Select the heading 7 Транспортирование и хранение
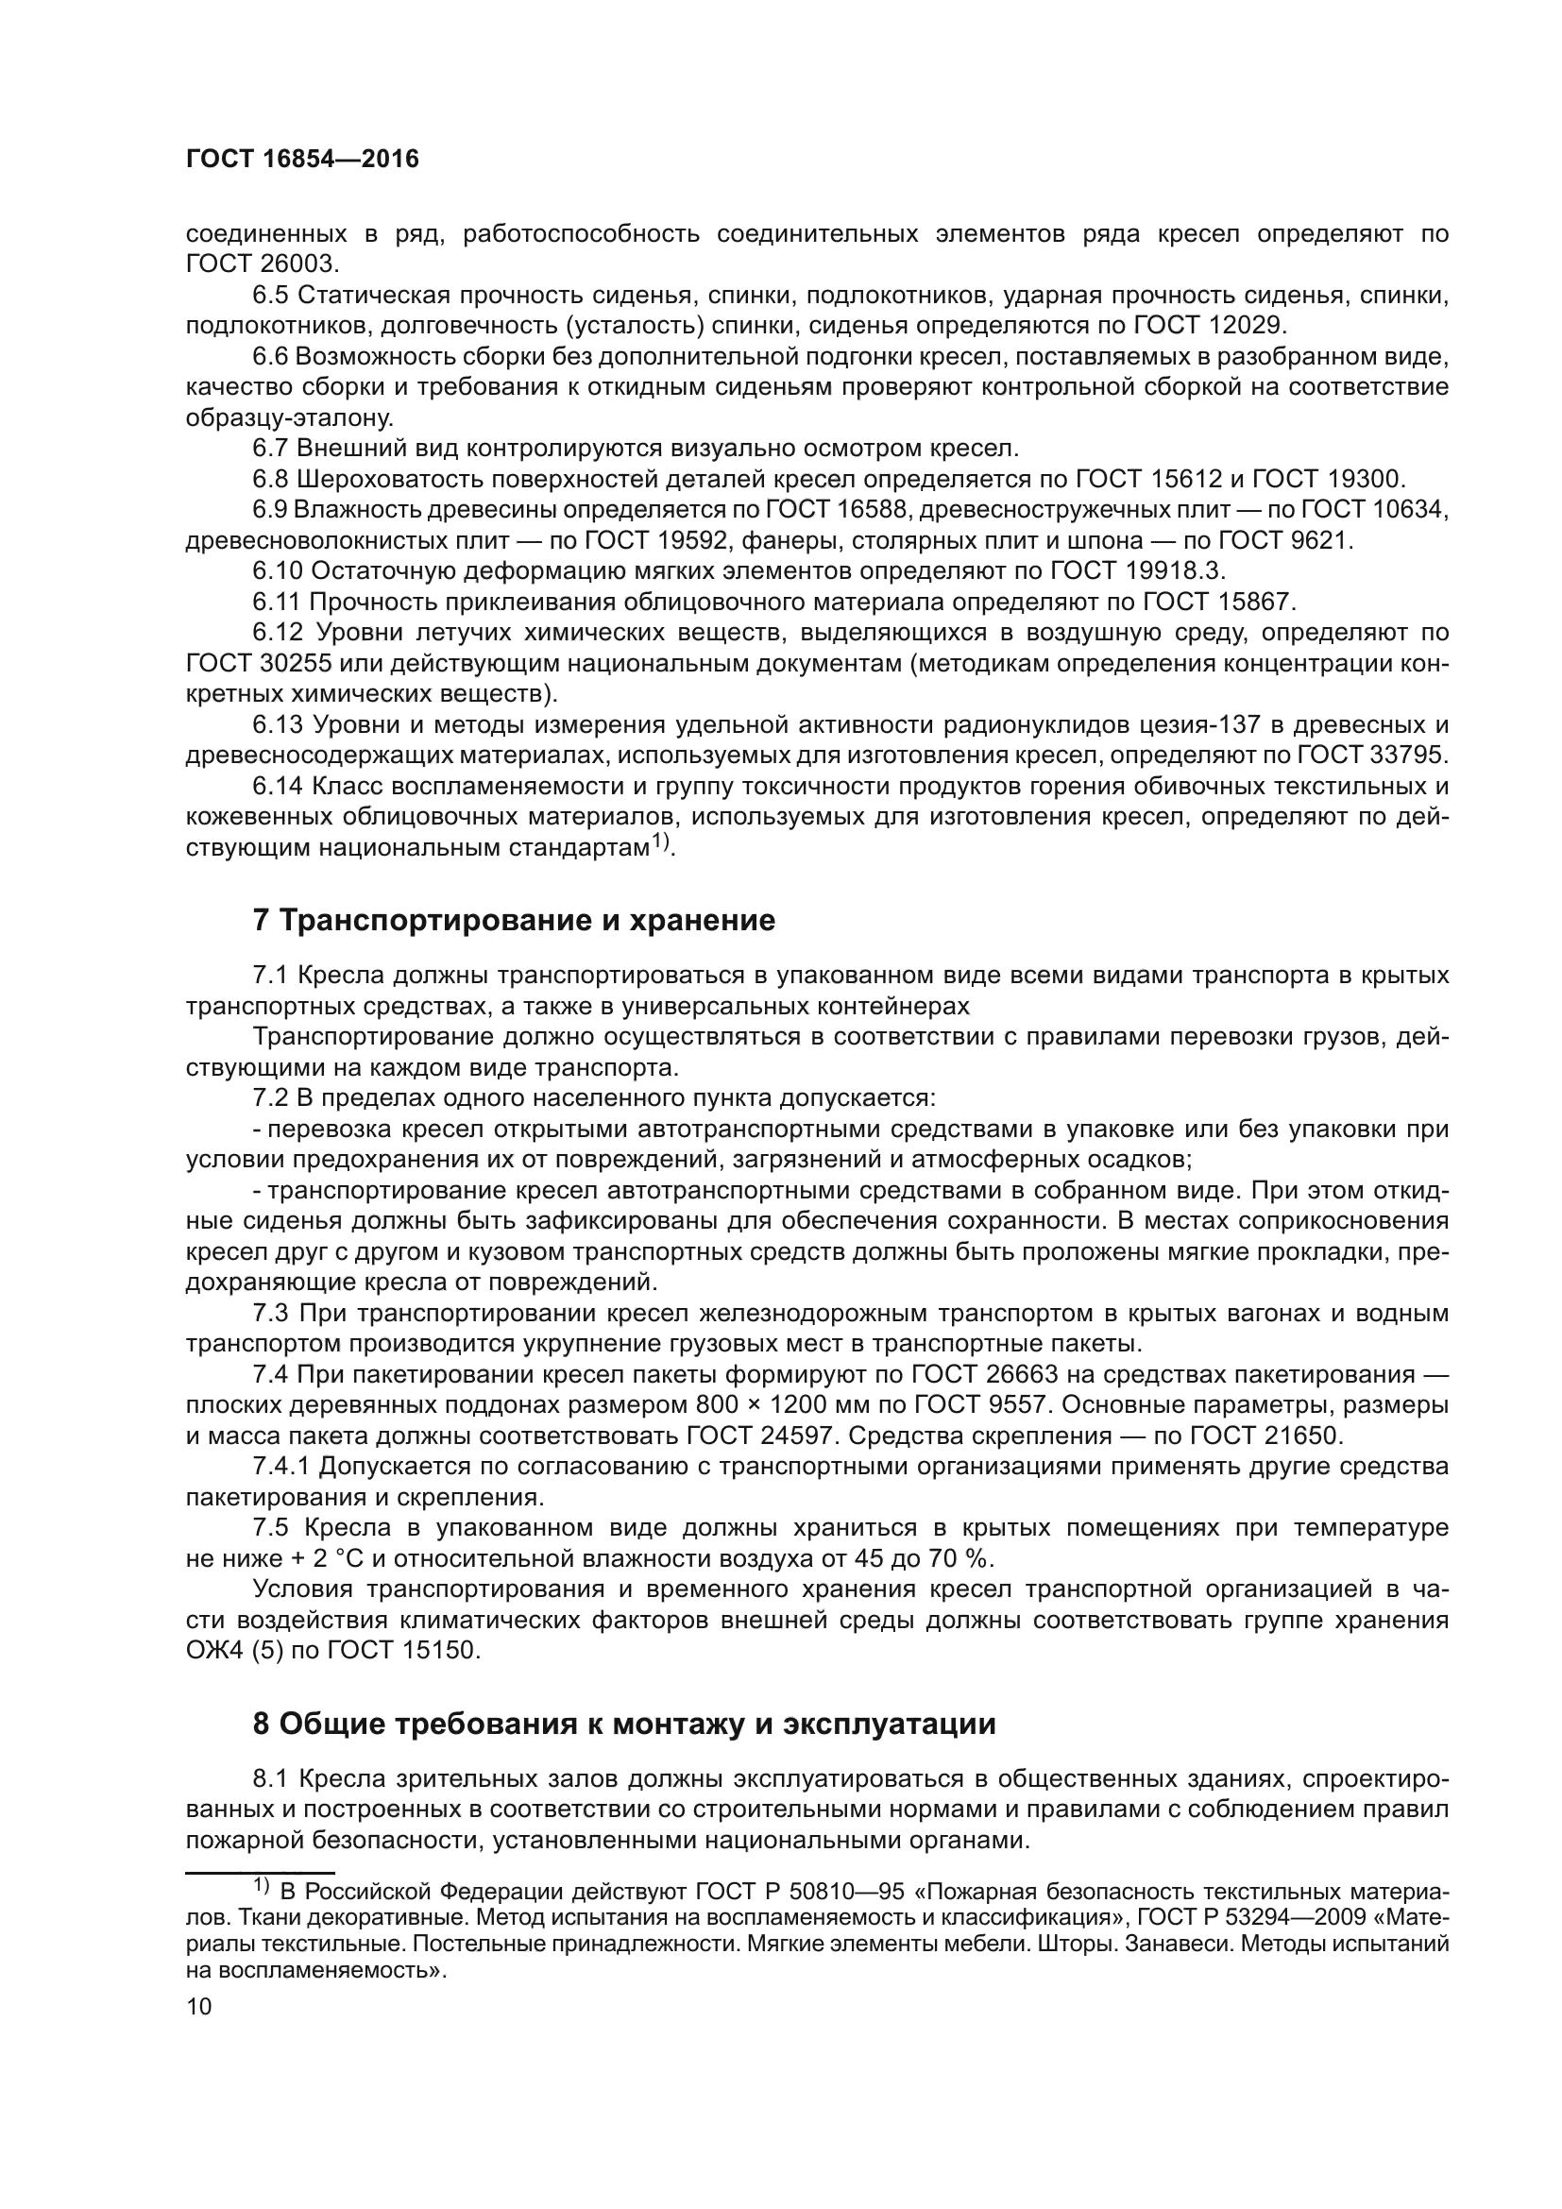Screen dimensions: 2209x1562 point(514,921)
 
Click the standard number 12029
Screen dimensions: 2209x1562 point(1240,326)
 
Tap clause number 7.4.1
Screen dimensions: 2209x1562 point(281,1468)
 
